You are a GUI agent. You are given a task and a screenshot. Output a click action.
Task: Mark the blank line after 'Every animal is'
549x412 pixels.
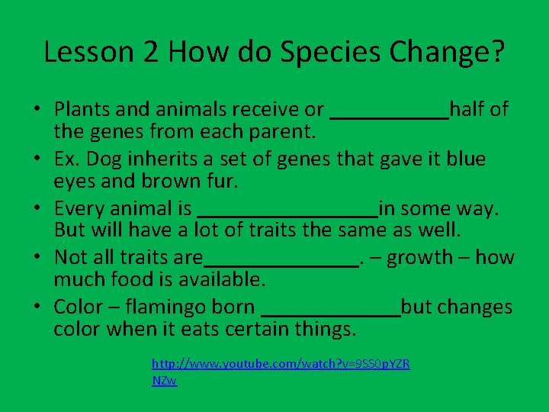point(287,214)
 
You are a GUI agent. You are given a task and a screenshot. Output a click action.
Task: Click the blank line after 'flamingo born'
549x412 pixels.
point(330,313)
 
